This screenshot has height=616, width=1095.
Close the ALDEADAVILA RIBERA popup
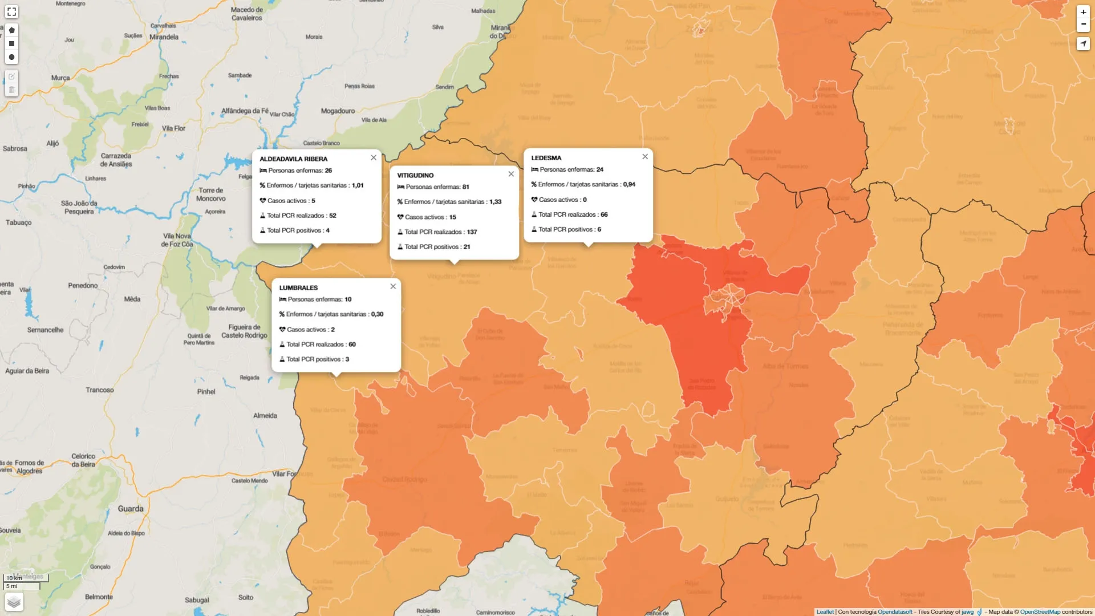(x=374, y=158)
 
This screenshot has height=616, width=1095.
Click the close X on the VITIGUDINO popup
(x=511, y=175)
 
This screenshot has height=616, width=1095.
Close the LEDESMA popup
(x=645, y=157)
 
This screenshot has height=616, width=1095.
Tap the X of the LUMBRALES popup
(x=393, y=287)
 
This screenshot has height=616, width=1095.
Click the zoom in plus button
(x=1083, y=12)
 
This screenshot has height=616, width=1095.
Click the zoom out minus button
(x=1083, y=25)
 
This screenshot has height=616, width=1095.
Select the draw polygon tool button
(x=11, y=30)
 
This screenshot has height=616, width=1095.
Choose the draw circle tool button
(x=11, y=58)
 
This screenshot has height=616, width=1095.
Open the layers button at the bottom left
(x=14, y=602)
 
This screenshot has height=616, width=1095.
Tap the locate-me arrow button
(x=1083, y=44)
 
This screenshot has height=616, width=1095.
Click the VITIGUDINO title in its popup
(x=415, y=176)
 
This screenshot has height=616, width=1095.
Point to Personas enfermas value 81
(x=466, y=187)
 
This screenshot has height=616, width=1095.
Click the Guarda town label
(x=131, y=509)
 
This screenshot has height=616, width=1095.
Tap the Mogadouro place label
(x=338, y=111)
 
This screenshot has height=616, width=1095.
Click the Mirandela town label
(x=164, y=37)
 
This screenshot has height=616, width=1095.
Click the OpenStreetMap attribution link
(x=1040, y=612)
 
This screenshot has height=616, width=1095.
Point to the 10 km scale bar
(x=26, y=578)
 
